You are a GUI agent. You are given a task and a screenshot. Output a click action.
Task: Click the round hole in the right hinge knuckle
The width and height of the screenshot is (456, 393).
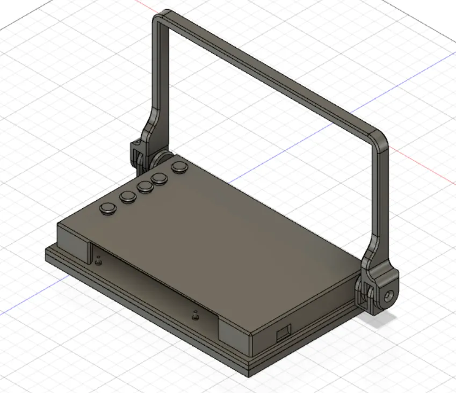tap(389, 295)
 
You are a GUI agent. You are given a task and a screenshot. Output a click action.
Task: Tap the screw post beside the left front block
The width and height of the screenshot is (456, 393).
tap(98, 263)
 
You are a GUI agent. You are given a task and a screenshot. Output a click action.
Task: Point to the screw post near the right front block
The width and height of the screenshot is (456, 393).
tap(195, 316)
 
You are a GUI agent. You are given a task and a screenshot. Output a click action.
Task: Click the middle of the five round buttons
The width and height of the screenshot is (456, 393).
tap(144, 186)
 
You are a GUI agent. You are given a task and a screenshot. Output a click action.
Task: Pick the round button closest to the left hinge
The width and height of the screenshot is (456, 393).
tap(179, 168)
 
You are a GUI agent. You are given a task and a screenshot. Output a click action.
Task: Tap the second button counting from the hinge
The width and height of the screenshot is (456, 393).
tap(160, 178)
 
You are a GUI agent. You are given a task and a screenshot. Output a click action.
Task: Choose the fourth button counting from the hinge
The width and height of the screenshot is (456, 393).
tap(127, 197)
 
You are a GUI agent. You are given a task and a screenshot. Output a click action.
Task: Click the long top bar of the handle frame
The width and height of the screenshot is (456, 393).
tap(269, 70)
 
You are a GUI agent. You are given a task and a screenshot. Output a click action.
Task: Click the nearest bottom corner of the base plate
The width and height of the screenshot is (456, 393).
tap(250, 370)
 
